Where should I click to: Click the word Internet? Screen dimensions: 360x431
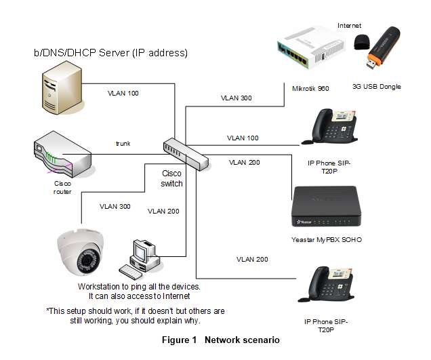click(x=350, y=25)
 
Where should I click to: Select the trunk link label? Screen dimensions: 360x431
click(x=123, y=144)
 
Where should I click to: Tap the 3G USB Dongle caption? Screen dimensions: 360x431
click(x=377, y=87)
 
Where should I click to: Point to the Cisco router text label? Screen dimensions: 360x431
click(x=62, y=187)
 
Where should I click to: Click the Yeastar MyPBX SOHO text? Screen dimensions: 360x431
click(x=326, y=239)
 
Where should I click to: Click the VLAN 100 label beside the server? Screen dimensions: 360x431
click(x=123, y=93)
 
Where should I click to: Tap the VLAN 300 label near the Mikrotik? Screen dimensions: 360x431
click(x=236, y=98)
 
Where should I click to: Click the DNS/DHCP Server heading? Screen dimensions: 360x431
click(x=110, y=52)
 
